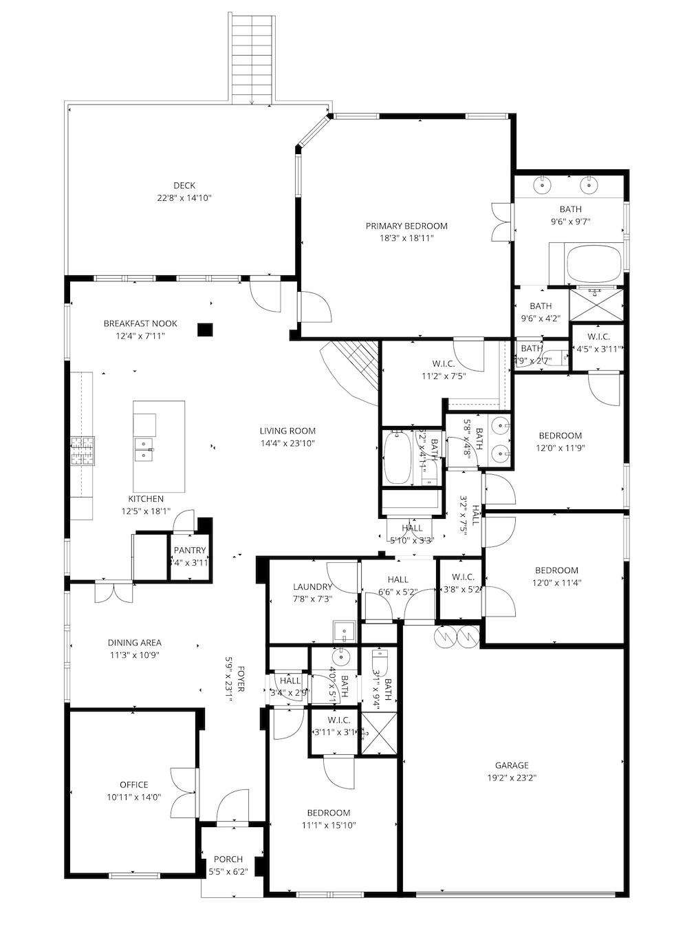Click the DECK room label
184,185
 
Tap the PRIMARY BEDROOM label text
406,226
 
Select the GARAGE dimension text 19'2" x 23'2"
512,778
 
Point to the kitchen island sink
144,449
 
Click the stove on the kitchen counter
82,451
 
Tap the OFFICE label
133,784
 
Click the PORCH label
228,859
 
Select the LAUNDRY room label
312,587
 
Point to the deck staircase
252,58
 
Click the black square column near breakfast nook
204,330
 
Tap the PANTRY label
189,550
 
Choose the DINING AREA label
134,643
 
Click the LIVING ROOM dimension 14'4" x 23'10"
287,444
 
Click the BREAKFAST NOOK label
140,323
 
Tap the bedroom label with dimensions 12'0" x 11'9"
560,436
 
